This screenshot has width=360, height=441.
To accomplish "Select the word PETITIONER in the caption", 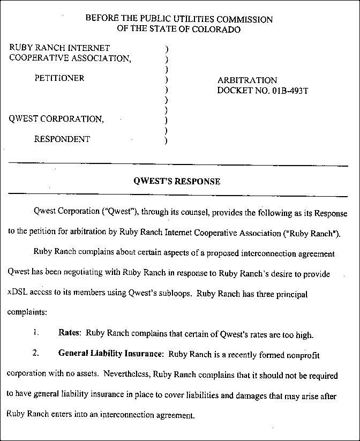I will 59,78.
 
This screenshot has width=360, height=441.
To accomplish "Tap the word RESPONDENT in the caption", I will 62,139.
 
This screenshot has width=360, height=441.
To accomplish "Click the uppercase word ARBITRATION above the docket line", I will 247,80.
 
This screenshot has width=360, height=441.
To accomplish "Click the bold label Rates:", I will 70,335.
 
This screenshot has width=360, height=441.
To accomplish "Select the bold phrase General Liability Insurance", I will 110,354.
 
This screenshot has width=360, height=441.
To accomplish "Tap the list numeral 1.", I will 35,335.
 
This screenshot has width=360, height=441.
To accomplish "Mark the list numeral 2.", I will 35,354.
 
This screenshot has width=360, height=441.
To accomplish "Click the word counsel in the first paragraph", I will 185,213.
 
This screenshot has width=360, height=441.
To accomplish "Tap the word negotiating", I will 87,274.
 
